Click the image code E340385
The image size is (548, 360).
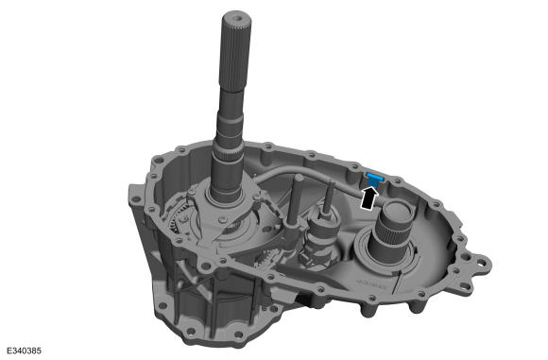(24, 351)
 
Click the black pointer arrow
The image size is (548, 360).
(369, 198)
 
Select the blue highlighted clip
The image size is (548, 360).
(374, 179)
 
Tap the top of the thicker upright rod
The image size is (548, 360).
(299, 178)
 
